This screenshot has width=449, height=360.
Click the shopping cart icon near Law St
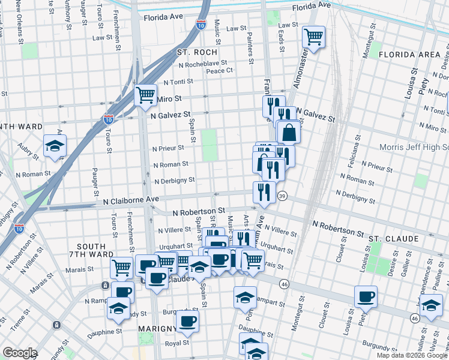point(313,37)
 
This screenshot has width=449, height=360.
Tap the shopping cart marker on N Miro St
point(145,95)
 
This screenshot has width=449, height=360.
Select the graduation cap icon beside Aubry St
point(55,146)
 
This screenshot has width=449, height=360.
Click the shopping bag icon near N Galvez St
point(289,133)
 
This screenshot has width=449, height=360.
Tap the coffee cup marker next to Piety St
point(366,296)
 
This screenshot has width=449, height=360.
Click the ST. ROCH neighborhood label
point(192,53)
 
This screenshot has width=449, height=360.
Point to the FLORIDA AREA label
point(413,55)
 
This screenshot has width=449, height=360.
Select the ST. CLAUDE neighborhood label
point(394,239)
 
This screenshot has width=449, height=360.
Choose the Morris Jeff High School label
point(414,147)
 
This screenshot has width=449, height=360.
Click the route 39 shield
point(282,196)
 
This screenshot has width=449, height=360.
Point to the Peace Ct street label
point(219,71)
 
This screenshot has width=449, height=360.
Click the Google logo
point(19,353)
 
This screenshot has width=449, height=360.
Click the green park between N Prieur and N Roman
point(209,145)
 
